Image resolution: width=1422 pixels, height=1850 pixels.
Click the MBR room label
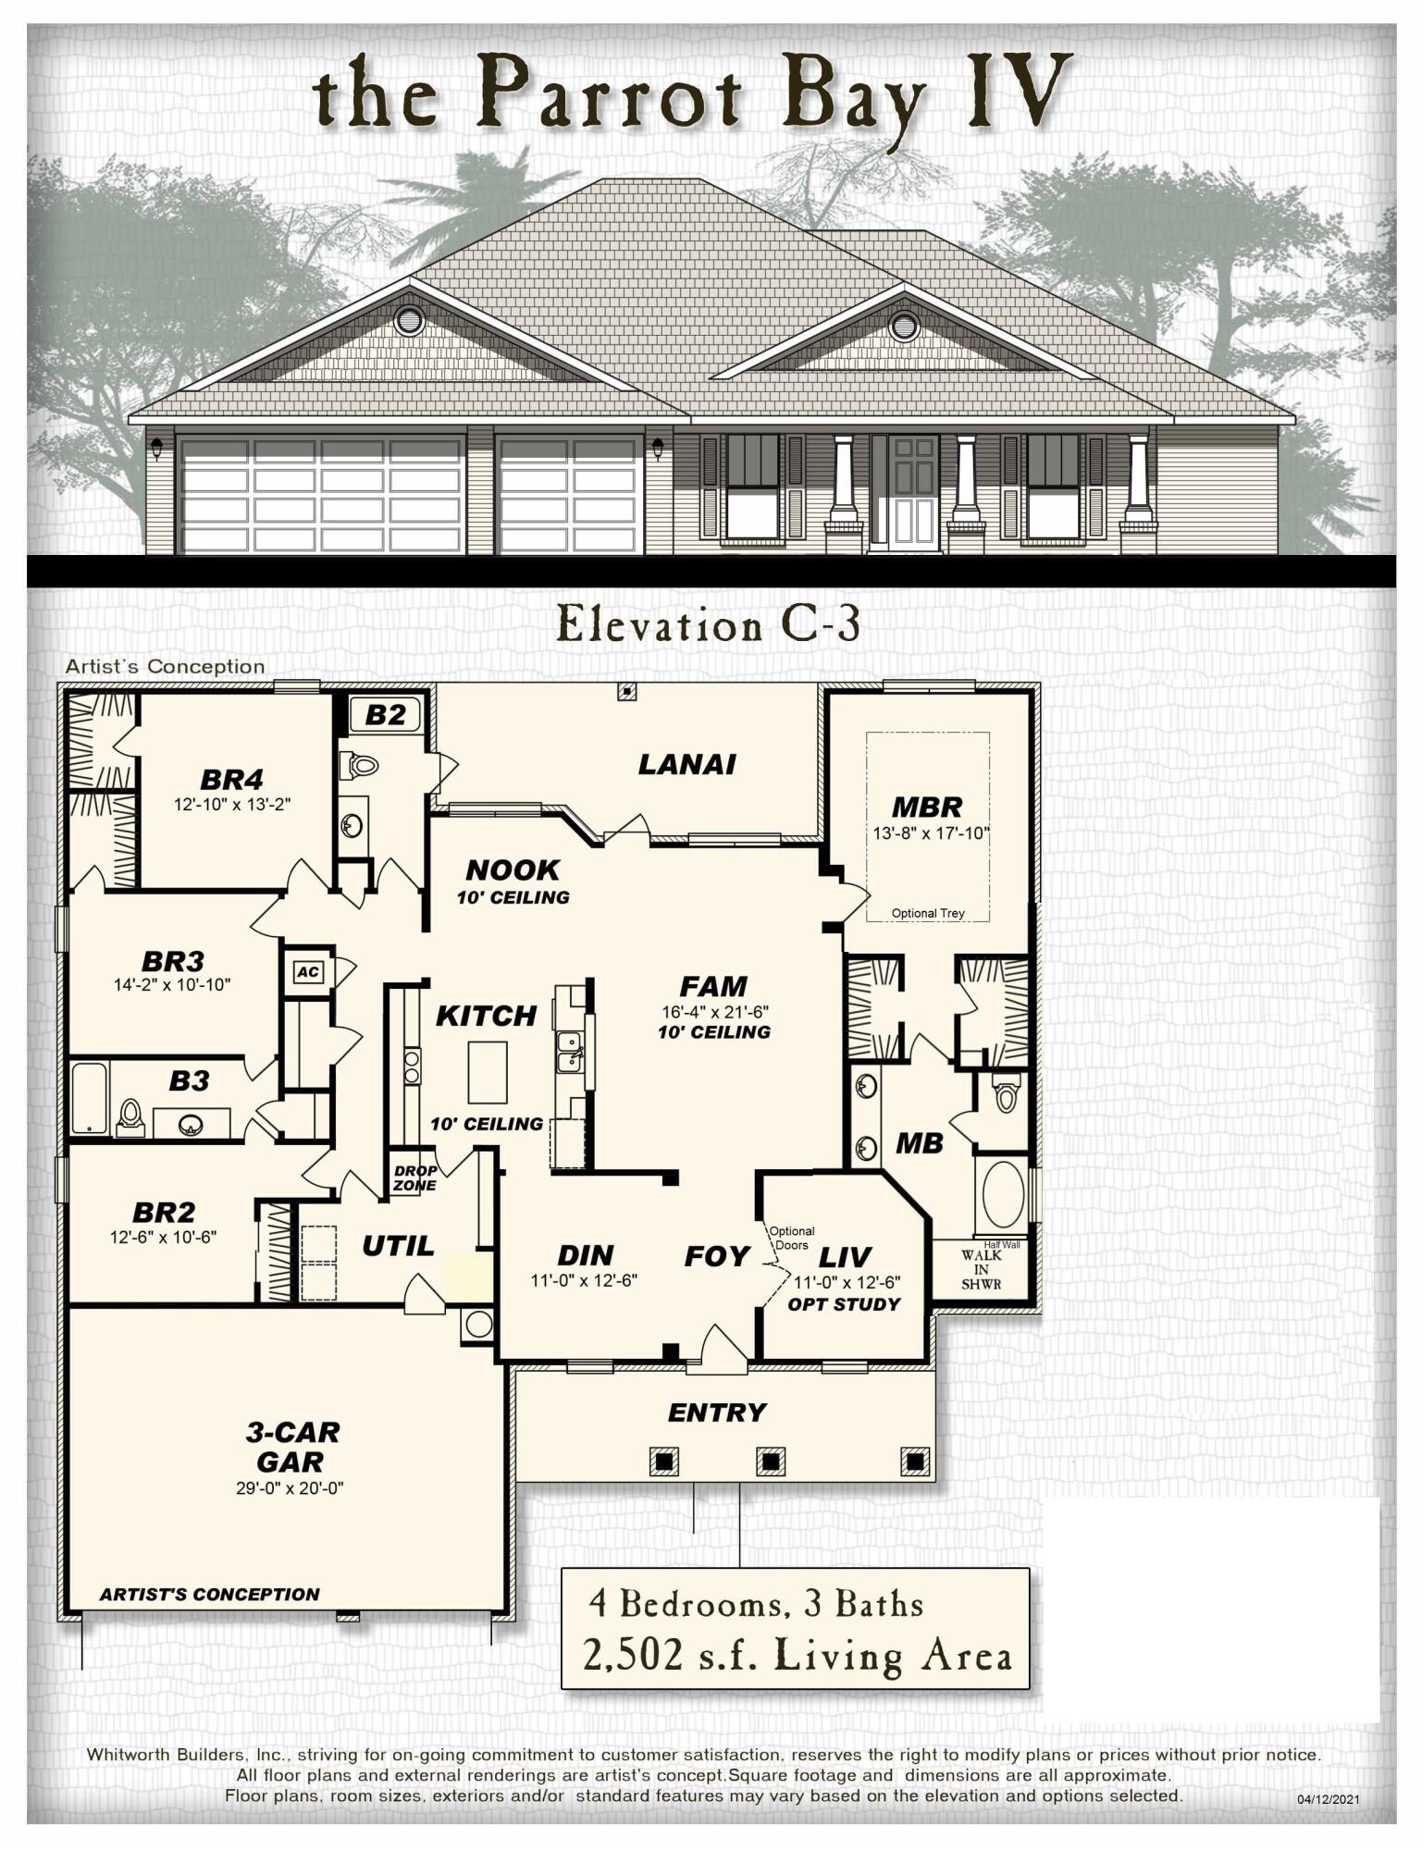[x=926, y=807]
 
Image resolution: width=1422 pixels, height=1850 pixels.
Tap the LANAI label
[x=686, y=764]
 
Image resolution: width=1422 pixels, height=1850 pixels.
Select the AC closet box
[x=308, y=972]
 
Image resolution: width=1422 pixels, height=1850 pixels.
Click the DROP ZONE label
[x=414, y=1178]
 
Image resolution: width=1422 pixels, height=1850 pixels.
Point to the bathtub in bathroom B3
[x=90, y=1098]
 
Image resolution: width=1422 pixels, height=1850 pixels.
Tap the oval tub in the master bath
[x=1003, y=1194]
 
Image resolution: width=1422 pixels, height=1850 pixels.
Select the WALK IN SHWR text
[x=981, y=1269]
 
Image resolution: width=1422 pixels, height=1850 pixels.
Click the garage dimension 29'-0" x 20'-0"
[x=290, y=1488]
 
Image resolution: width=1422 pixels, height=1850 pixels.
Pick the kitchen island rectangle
[x=487, y=1072]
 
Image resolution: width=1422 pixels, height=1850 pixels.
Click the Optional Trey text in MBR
[x=927, y=913]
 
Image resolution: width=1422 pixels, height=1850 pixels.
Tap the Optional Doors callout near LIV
[x=792, y=1238]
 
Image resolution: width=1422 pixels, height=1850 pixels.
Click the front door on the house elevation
[x=914, y=492]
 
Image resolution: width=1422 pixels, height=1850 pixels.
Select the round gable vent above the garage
[x=408, y=321]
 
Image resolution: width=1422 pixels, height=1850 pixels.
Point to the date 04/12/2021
[x=1328, y=1799]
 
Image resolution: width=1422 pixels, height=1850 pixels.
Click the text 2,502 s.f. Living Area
[x=797, y=1655]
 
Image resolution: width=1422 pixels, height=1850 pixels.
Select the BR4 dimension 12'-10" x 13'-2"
[x=232, y=804]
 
